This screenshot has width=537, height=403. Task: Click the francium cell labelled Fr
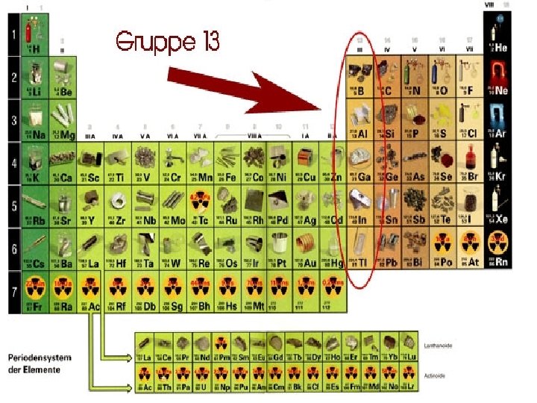tap(36, 292)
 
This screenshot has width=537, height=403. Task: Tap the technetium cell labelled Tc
tap(199, 206)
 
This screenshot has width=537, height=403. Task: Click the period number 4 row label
tap(13, 163)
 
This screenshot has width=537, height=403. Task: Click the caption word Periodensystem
tap(40, 357)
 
